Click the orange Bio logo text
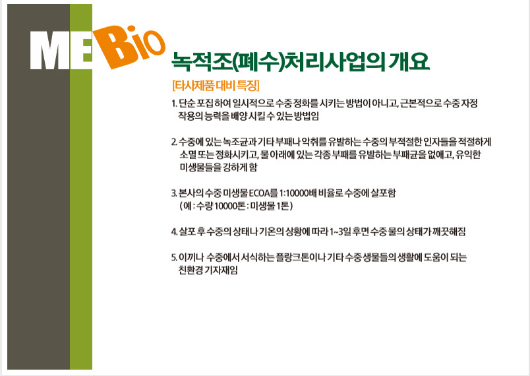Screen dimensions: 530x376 coord(130,47)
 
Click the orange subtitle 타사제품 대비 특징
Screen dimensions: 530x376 coord(216,85)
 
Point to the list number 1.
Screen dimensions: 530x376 coord(174,103)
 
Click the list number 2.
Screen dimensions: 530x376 coord(174,142)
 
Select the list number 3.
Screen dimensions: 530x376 coord(174,193)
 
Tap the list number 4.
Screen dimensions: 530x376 coord(174,232)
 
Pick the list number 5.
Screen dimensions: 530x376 coord(174,257)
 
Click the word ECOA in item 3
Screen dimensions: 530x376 coord(260,193)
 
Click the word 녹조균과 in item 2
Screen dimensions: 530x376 coord(240,142)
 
